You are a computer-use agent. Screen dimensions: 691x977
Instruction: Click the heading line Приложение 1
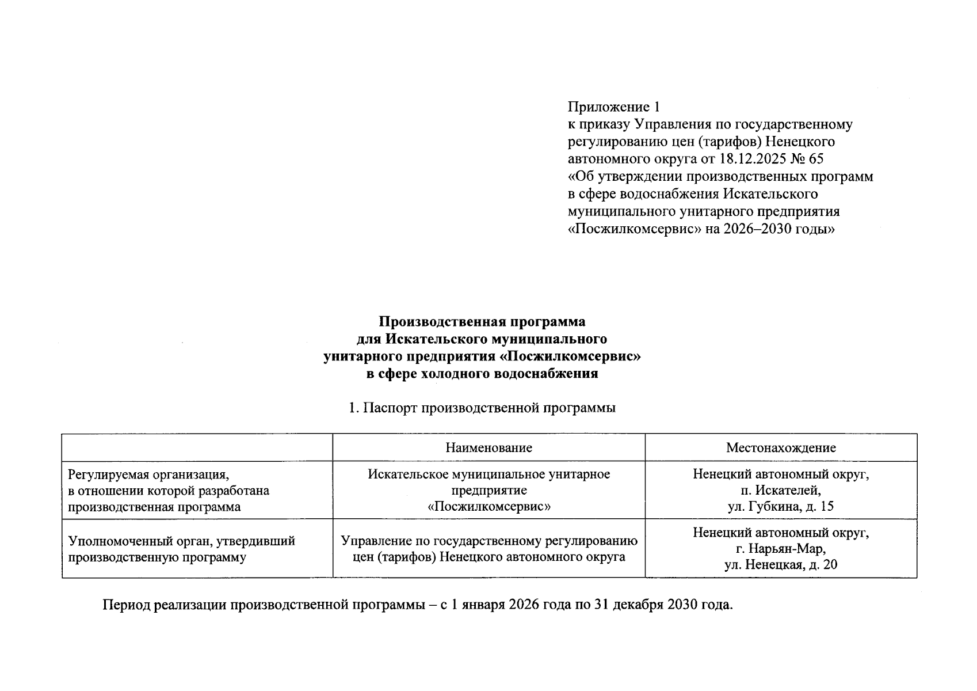[613, 107]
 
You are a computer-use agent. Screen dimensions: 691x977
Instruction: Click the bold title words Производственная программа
[482, 321]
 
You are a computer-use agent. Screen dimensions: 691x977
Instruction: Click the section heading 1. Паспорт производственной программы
[482, 408]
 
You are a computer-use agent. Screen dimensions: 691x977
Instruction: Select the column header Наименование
[488, 448]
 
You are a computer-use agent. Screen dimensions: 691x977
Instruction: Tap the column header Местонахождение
[780, 448]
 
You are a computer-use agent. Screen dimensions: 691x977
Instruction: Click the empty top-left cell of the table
[197, 448]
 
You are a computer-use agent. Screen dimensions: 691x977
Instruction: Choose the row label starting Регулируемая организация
[148, 475]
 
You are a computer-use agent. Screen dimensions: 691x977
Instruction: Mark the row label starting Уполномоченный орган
[181, 541]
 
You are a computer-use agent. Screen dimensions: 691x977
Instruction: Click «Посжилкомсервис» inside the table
[488, 507]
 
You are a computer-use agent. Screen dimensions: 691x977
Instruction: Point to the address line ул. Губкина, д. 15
[780, 507]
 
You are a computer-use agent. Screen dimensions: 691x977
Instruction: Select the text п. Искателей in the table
[780, 491]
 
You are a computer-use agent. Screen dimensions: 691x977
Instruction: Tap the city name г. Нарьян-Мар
[780, 548]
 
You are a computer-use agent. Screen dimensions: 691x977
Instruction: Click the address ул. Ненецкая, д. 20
[780, 564]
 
